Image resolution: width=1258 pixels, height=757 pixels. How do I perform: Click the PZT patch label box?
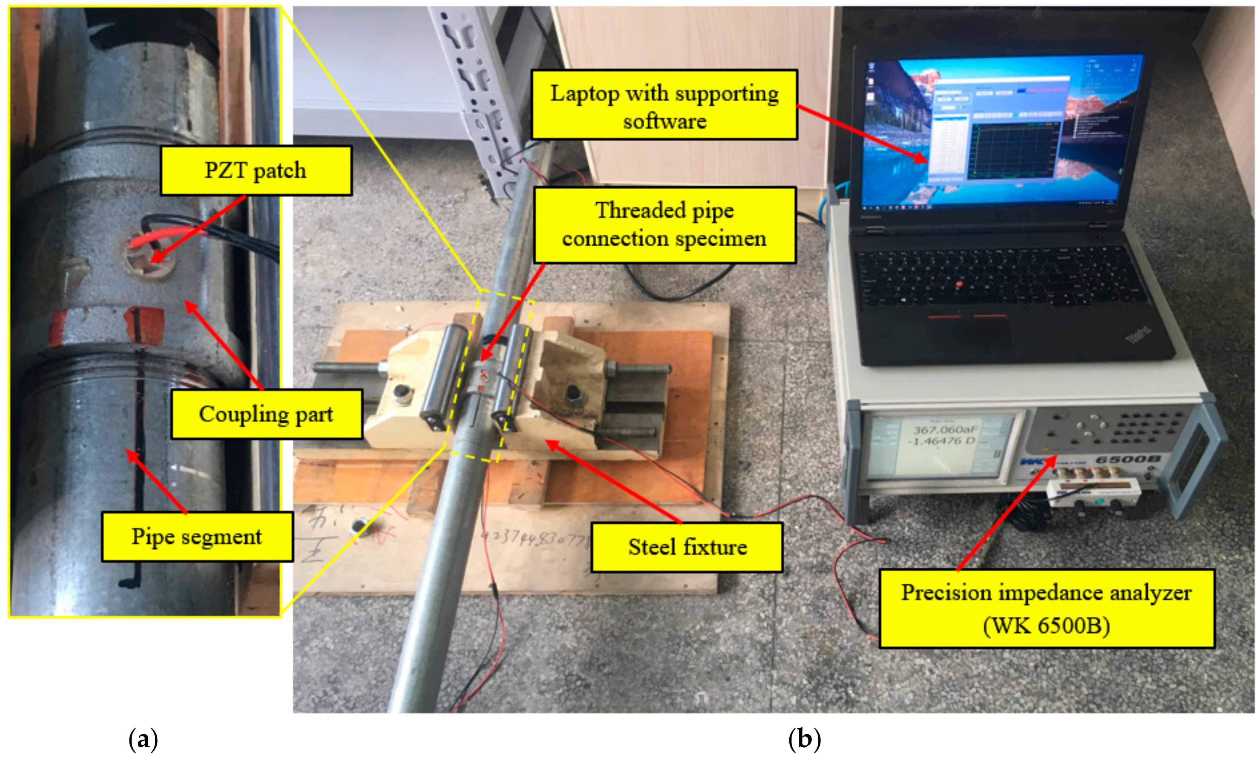[256, 171]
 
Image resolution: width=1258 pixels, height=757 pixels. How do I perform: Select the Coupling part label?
[266, 414]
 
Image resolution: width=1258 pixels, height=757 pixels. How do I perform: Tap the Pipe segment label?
[197, 537]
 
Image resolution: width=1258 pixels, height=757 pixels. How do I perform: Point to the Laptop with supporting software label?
[664, 105]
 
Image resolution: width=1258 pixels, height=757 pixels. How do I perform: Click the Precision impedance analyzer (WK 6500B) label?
[1046, 609]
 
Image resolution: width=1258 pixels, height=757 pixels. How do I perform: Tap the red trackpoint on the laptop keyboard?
[959, 284]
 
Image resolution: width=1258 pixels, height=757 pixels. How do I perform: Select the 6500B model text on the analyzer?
[1127, 459]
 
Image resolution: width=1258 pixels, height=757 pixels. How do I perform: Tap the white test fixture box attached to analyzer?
[1093, 493]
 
